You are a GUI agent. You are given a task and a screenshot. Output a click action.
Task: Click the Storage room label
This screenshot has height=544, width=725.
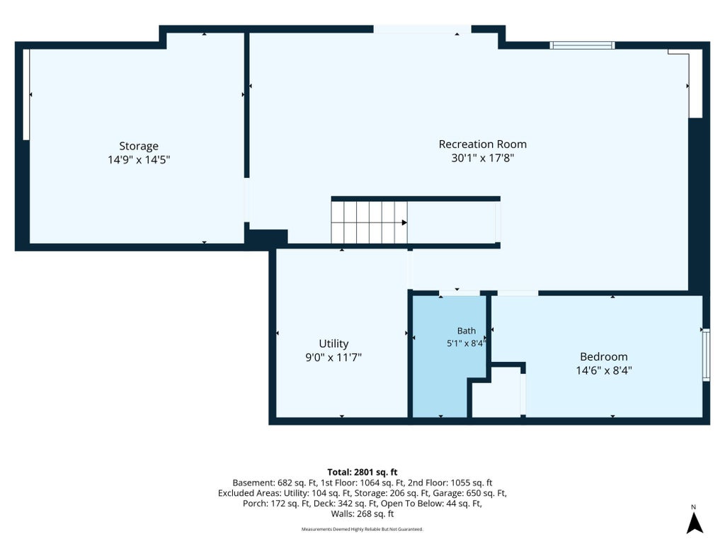pos(139,146)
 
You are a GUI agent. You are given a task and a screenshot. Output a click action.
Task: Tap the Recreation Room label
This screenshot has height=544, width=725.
pos(483,144)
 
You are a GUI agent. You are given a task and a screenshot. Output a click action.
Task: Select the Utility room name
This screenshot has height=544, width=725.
pos(333,344)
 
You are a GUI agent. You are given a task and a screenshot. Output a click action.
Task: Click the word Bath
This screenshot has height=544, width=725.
pos(466,331)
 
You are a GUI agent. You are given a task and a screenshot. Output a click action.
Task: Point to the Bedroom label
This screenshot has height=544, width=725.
pos(604,357)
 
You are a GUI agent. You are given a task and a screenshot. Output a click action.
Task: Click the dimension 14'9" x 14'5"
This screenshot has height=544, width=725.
pos(139,160)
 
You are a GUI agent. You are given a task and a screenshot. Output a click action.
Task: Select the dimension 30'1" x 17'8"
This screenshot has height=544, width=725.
pos(483,158)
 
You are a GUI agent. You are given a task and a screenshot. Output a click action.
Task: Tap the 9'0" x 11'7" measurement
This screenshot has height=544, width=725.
pos(333,358)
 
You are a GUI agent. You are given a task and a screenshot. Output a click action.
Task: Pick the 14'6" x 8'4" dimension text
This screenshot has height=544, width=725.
pos(604,370)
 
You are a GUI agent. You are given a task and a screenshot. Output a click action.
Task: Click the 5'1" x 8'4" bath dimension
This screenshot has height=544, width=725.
pos(466,344)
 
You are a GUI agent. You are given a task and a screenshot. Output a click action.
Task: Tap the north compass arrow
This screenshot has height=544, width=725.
pos(694,523)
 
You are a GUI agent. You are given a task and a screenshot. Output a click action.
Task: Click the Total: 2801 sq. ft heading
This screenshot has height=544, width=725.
pos(362,472)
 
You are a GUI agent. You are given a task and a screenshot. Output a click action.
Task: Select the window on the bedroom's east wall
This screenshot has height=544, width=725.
pos(706,355)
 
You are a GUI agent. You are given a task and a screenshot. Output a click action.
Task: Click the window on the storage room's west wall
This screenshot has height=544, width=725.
pos(26,94)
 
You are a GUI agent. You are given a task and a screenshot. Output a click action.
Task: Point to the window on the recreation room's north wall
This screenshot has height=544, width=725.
pos(582,45)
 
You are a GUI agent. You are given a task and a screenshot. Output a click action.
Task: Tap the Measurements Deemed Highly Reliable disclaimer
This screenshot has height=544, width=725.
pos(362,529)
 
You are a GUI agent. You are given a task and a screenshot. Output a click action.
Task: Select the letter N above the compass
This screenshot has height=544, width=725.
pos(694,507)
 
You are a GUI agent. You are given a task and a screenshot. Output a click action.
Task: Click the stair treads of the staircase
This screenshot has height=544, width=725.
pos(369,222)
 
